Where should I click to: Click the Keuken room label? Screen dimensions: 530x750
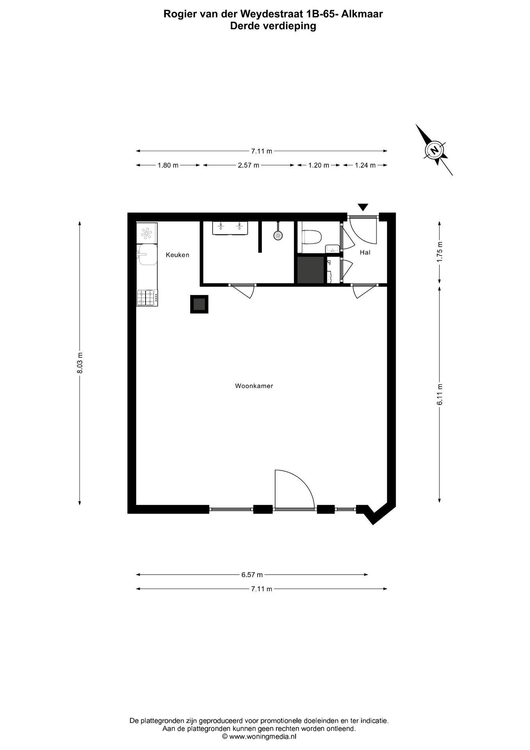(x=177, y=255)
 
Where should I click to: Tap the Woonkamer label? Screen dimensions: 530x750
(x=254, y=386)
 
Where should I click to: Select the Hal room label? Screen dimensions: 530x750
(x=365, y=252)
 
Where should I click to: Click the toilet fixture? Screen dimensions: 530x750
(x=311, y=237)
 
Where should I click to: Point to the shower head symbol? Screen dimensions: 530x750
(x=278, y=235)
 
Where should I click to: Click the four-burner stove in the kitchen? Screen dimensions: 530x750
(x=147, y=298)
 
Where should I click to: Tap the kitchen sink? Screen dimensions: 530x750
(x=146, y=254)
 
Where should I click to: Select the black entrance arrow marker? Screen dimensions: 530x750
(x=363, y=207)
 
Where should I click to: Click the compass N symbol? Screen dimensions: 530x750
(x=434, y=150)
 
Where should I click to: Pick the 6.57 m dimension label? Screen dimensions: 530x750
(x=252, y=575)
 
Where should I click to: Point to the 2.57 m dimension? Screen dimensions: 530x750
(x=249, y=165)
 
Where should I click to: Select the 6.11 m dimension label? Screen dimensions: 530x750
(x=440, y=395)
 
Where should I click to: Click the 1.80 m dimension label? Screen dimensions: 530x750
(x=168, y=165)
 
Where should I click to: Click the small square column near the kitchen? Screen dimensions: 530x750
(x=199, y=304)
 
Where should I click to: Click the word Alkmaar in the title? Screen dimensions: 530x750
(x=362, y=14)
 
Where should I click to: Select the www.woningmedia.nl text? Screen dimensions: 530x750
(x=263, y=736)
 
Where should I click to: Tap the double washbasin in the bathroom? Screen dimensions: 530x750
(x=230, y=228)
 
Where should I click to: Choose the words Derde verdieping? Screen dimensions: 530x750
(x=273, y=26)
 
